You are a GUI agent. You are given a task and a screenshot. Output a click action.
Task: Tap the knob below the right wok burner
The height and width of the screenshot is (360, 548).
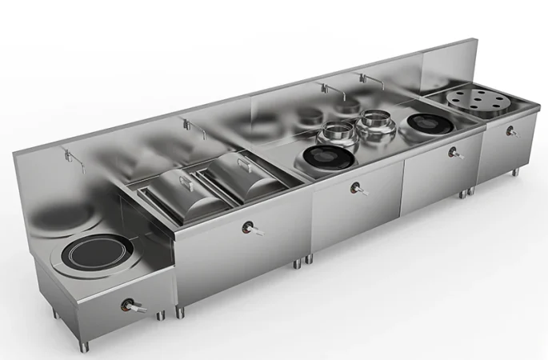[455, 153]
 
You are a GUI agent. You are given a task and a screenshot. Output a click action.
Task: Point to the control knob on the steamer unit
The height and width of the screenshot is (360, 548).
[510, 131]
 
